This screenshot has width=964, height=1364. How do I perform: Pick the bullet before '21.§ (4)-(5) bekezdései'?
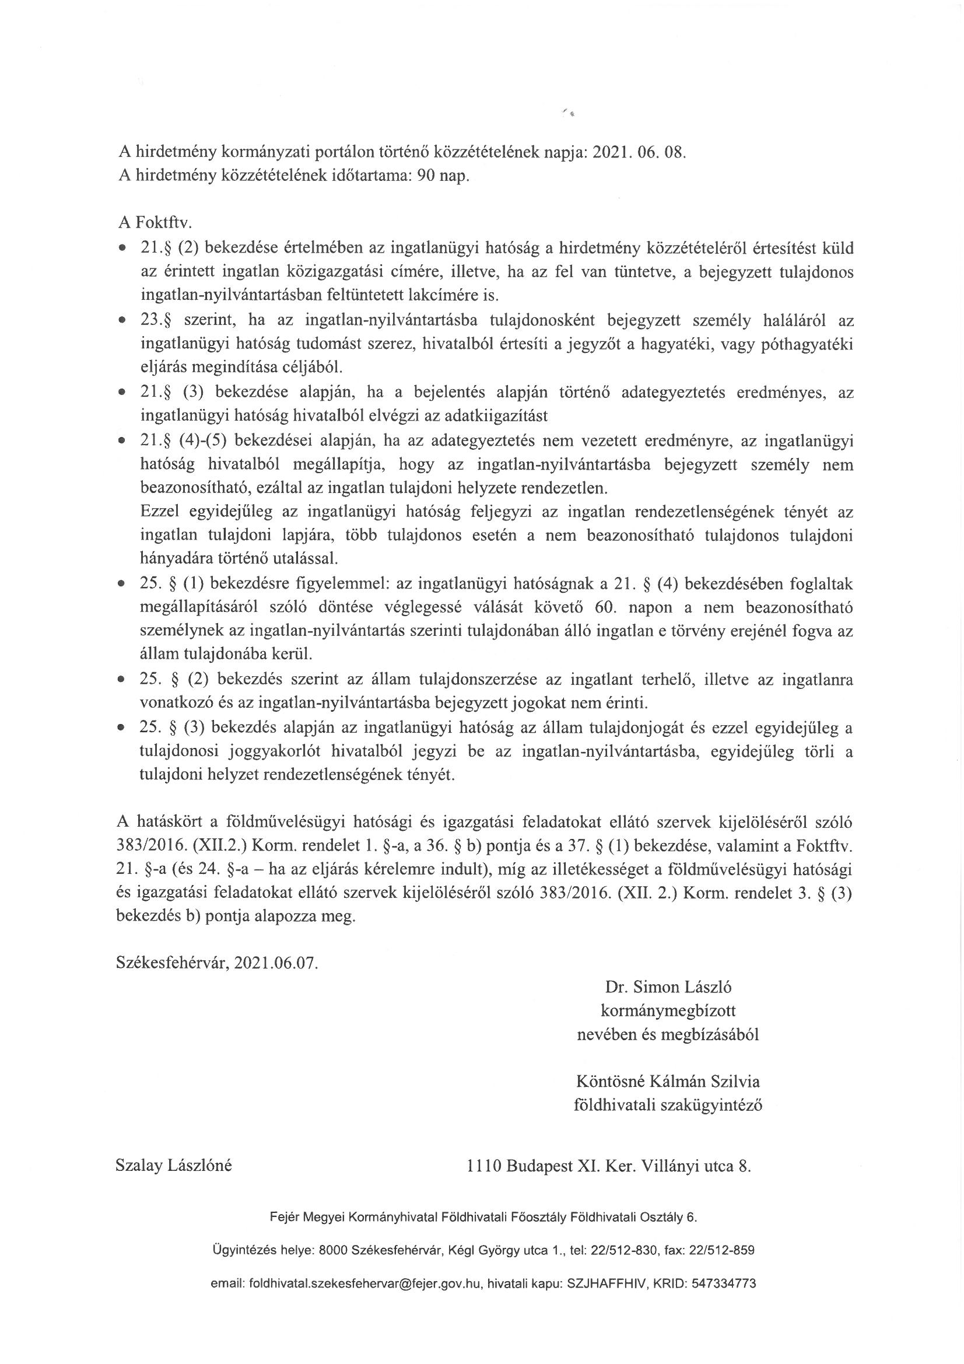click(122, 441)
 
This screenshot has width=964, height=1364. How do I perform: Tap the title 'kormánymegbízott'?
click(668, 1010)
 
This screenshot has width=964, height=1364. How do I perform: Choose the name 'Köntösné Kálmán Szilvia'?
click(668, 1081)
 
